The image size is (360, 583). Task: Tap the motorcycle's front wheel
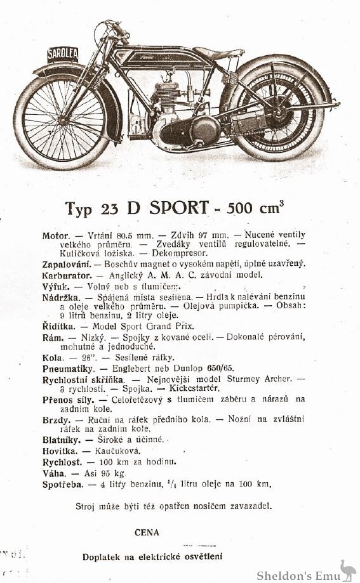(62, 120)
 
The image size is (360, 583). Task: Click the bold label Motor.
(55, 236)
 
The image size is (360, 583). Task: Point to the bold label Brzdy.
(57, 419)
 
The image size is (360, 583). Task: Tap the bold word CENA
(147, 532)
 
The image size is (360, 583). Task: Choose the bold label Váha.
(55, 473)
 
